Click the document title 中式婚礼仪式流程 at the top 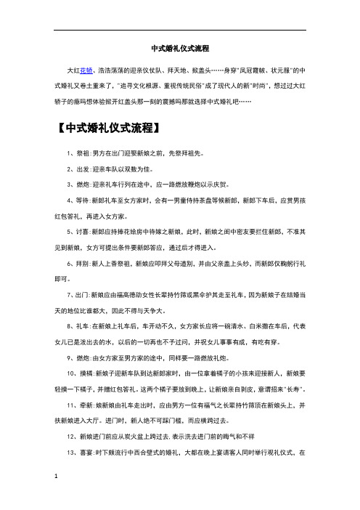coord(180,49)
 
